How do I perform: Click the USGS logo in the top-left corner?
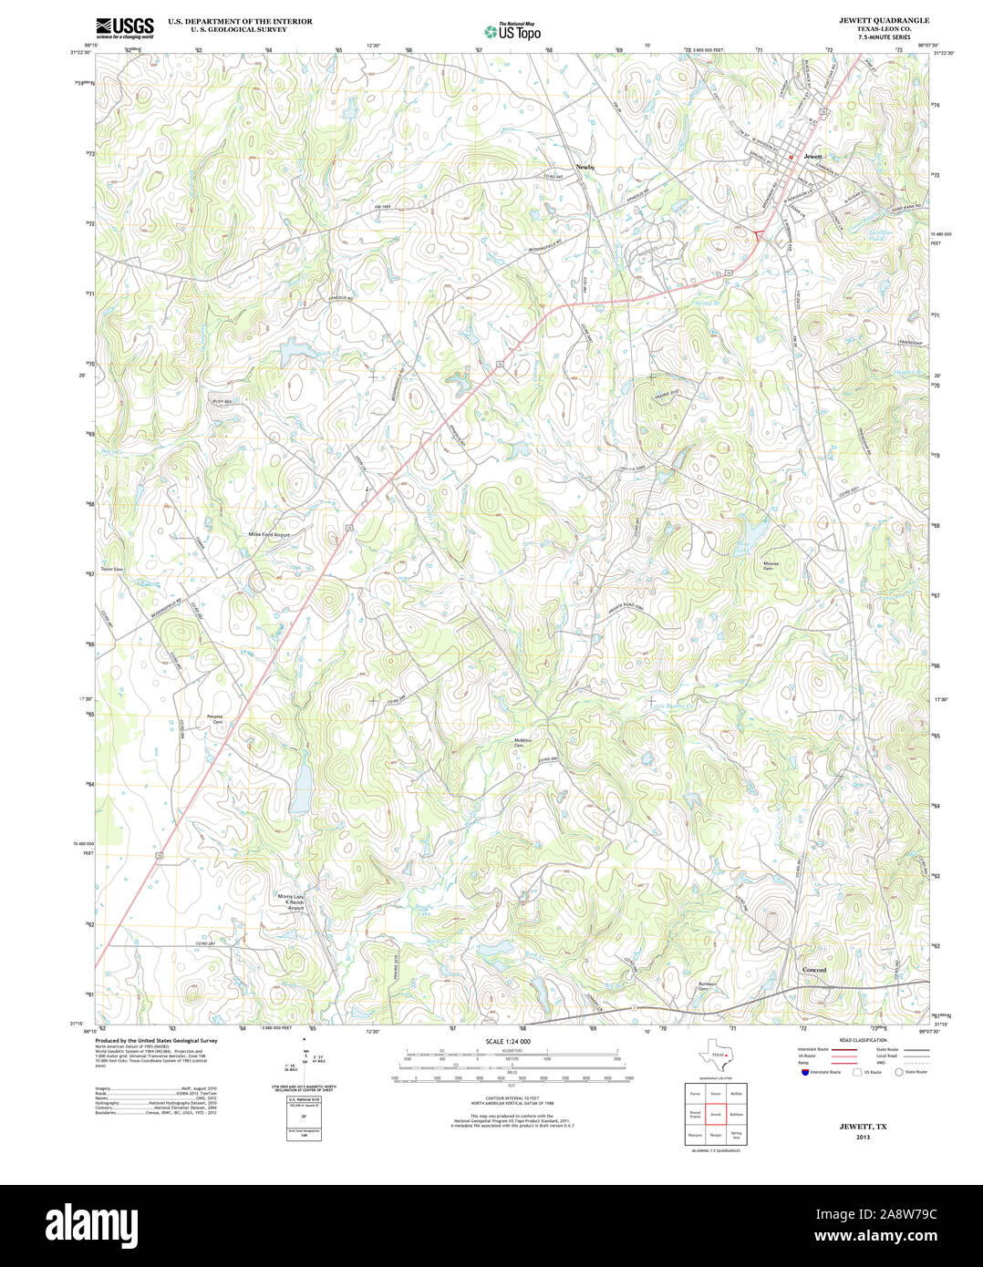tap(125, 26)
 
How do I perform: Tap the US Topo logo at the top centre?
tap(515, 31)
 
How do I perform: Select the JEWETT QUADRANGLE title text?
tap(871, 20)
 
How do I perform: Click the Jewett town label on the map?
tap(813, 157)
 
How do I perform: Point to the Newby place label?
tap(585, 167)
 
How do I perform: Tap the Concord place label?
tap(814, 970)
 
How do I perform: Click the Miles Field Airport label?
tap(269, 535)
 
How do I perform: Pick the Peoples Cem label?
tap(215, 719)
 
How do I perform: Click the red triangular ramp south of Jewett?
tap(757, 236)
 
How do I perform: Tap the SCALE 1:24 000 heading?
tap(508, 1041)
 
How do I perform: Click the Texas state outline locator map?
tap(714, 1056)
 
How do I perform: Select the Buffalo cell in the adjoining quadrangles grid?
tap(737, 1092)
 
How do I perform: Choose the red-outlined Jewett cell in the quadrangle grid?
tap(716, 1114)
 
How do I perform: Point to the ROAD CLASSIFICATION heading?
tap(864, 1040)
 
